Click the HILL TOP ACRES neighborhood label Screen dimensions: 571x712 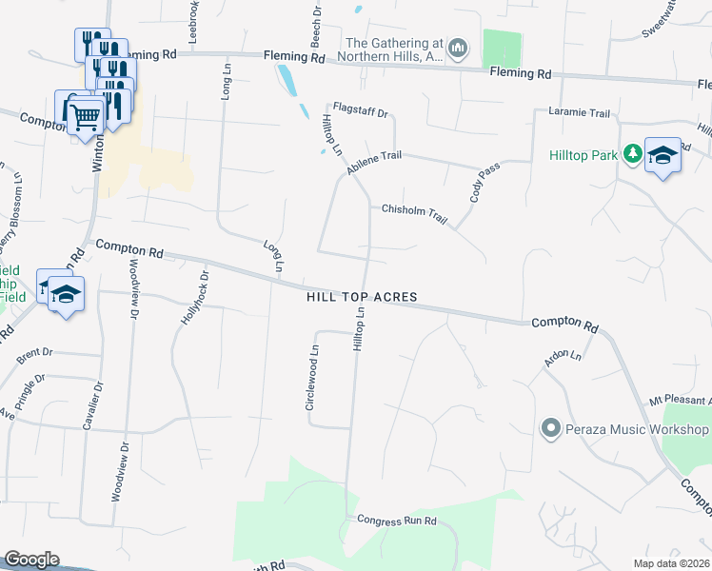(362, 298)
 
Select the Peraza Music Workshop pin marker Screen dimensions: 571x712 (549, 429)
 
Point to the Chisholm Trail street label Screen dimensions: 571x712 (414, 213)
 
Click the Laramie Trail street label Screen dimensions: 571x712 (579, 113)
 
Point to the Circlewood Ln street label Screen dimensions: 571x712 (310, 378)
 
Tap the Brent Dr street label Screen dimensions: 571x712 (33, 353)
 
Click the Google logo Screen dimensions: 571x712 (31, 560)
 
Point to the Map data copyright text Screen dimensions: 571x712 (672, 563)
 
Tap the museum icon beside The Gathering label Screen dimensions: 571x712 (458, 48)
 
